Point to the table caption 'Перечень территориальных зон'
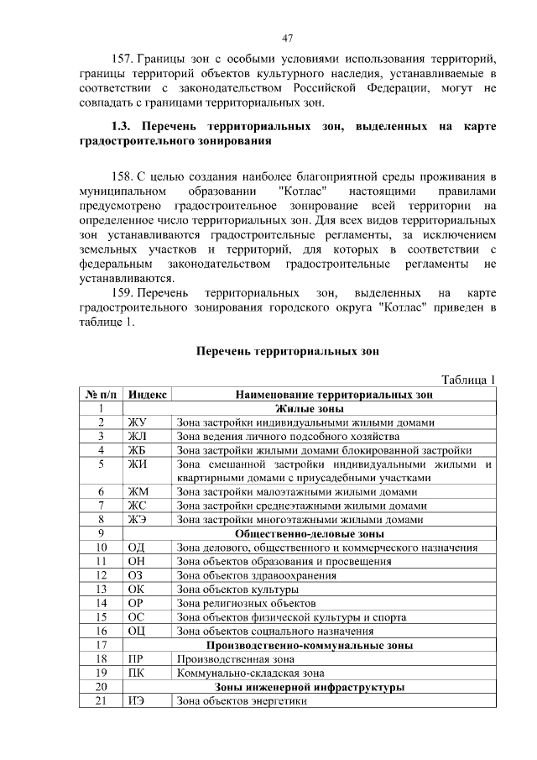[x=287, y=351]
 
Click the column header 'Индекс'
[x=148, y=393]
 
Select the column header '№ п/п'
[x=101, y=393]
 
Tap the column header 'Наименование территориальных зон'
[x=334, y=393]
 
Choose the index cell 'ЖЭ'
[x=136, y=519]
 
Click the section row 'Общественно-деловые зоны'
[x=310, y=533]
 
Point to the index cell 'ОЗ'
[x=135, y=575]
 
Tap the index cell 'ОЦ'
[x=136, y=631]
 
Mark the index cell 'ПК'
[x=135, y=673]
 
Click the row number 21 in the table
[x=101, y=701]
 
